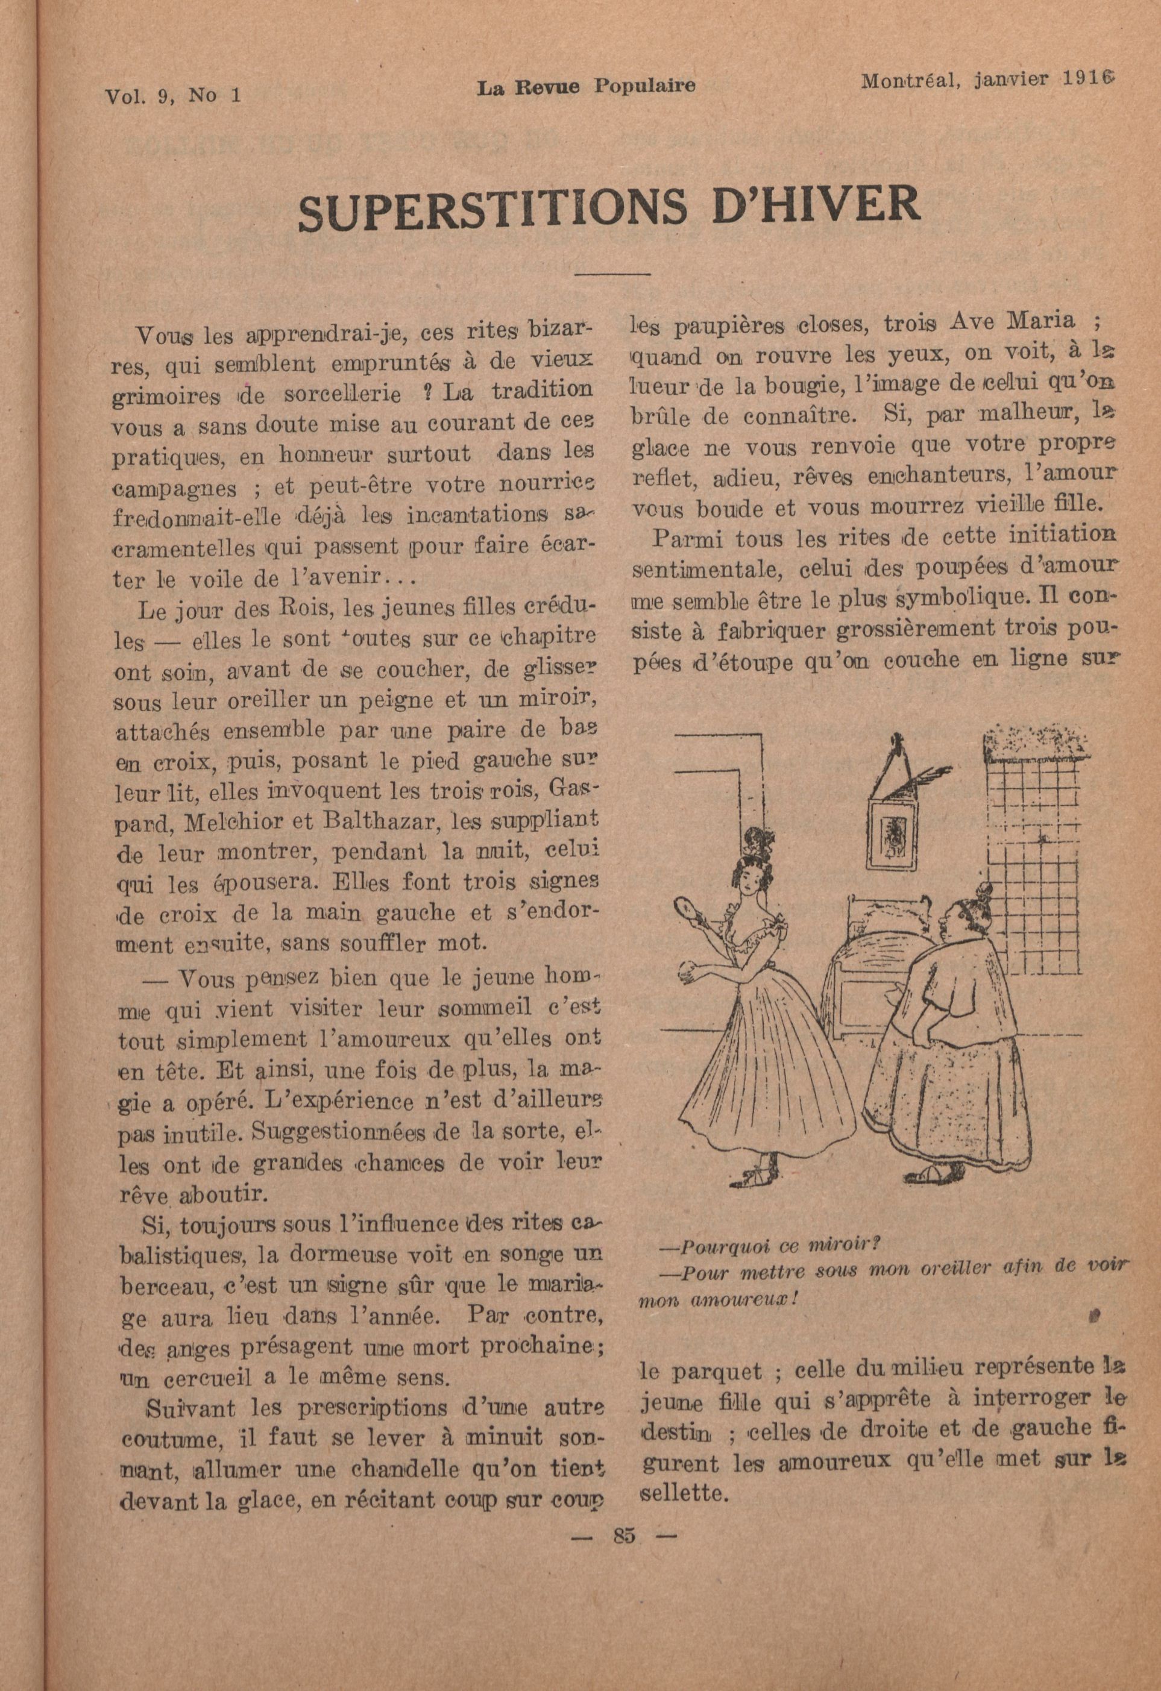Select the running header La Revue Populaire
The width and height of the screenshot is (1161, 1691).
[586, 87]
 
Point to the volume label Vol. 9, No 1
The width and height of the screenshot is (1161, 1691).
[173, 95]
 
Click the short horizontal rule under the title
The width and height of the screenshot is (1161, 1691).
[612, 274]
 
